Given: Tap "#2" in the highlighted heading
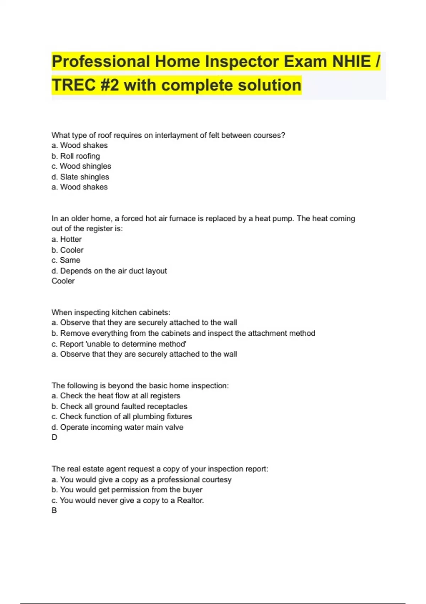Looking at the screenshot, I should pyautogui.click(x=109, y=85).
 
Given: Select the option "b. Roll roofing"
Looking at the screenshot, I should pyautogui.click(x=76, y=156).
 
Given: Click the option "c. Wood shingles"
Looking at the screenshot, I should pyautogui.click(x=81, y=166).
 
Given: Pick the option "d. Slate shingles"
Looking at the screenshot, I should pyautogui.click(x=80, y=177).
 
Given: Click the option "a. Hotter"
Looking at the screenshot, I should pyautogui.click(x=67, y=239).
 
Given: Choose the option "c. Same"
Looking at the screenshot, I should pyautogui.click(x=66, y=260).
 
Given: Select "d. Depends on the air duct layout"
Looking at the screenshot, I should pyautogui.click(x=109, y=271).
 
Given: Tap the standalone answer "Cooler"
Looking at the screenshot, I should pyautogui.click(x=63, y=281).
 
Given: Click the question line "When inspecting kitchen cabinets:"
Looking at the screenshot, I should pyautogui.click(x=111, y=312).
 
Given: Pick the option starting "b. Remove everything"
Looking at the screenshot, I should pyautogui.click(x=183, y=333).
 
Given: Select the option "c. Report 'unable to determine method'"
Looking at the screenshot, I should pyautogui.click(x=119, y=344).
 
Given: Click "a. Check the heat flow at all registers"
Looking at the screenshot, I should pyautogui.click(x=116, y=396).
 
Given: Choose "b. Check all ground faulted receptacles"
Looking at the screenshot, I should pyautogui.click(x=119, y=406).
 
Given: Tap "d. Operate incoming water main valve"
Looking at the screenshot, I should pyautogui.click(x=118, y=427).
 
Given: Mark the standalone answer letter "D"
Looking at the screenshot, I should pyautogui.click(x=54, y=437).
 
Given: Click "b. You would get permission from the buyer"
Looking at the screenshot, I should pyautogui.click(x=127, y=490).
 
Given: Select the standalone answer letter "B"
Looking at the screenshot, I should pyautogui.click(x=54, y=511).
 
